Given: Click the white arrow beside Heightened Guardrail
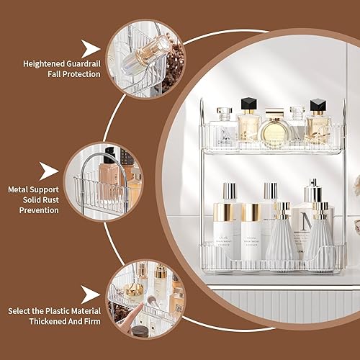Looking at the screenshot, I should (91, 49).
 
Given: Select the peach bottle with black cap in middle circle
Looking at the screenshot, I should (109, 171).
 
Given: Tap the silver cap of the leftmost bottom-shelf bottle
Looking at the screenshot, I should (229, 191).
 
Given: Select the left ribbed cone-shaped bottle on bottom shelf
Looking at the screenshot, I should (279, 238).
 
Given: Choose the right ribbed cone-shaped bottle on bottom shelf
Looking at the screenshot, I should (320, 238).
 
